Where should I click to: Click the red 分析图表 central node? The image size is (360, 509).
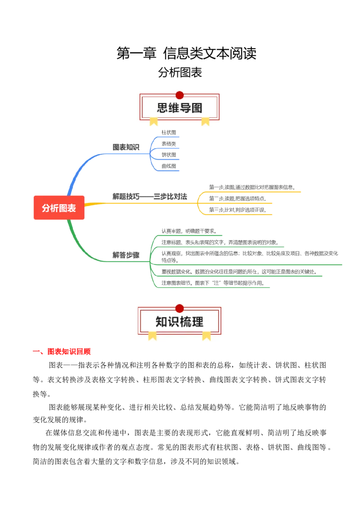[x=59, y=208]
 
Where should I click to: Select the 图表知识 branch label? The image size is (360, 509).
[x=126, y=147]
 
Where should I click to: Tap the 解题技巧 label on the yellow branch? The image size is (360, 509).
[x=126, y=196]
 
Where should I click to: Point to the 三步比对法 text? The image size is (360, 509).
[x=171, y=196]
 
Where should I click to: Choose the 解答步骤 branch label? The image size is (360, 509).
[x=126, y=255]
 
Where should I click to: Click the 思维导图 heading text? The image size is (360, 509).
[x=180, y=108]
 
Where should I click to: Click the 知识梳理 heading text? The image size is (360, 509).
[x=180, y=321]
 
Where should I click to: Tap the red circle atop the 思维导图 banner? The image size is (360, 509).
[x=180, y=95]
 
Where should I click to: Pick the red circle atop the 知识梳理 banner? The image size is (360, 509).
[x=180, y=308]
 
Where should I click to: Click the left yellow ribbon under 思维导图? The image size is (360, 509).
[x=154, y=121]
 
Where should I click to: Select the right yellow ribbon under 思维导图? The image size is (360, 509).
[x=205, y=121]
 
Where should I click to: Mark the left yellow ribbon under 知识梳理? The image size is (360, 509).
[x=153, y=335]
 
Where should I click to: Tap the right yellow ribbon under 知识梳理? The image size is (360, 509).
[x=207, y=335]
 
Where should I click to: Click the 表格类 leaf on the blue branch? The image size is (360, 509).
[x=169, y=143]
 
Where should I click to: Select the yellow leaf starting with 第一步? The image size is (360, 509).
[x=252, y=187]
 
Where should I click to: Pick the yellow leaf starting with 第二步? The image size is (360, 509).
[x=238, y=198]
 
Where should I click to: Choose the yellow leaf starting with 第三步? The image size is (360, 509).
[x=238, y=209]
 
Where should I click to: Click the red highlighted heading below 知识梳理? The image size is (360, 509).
[x=69, y=351]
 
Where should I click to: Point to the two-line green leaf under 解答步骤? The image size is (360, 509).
[x=250, y=257]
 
